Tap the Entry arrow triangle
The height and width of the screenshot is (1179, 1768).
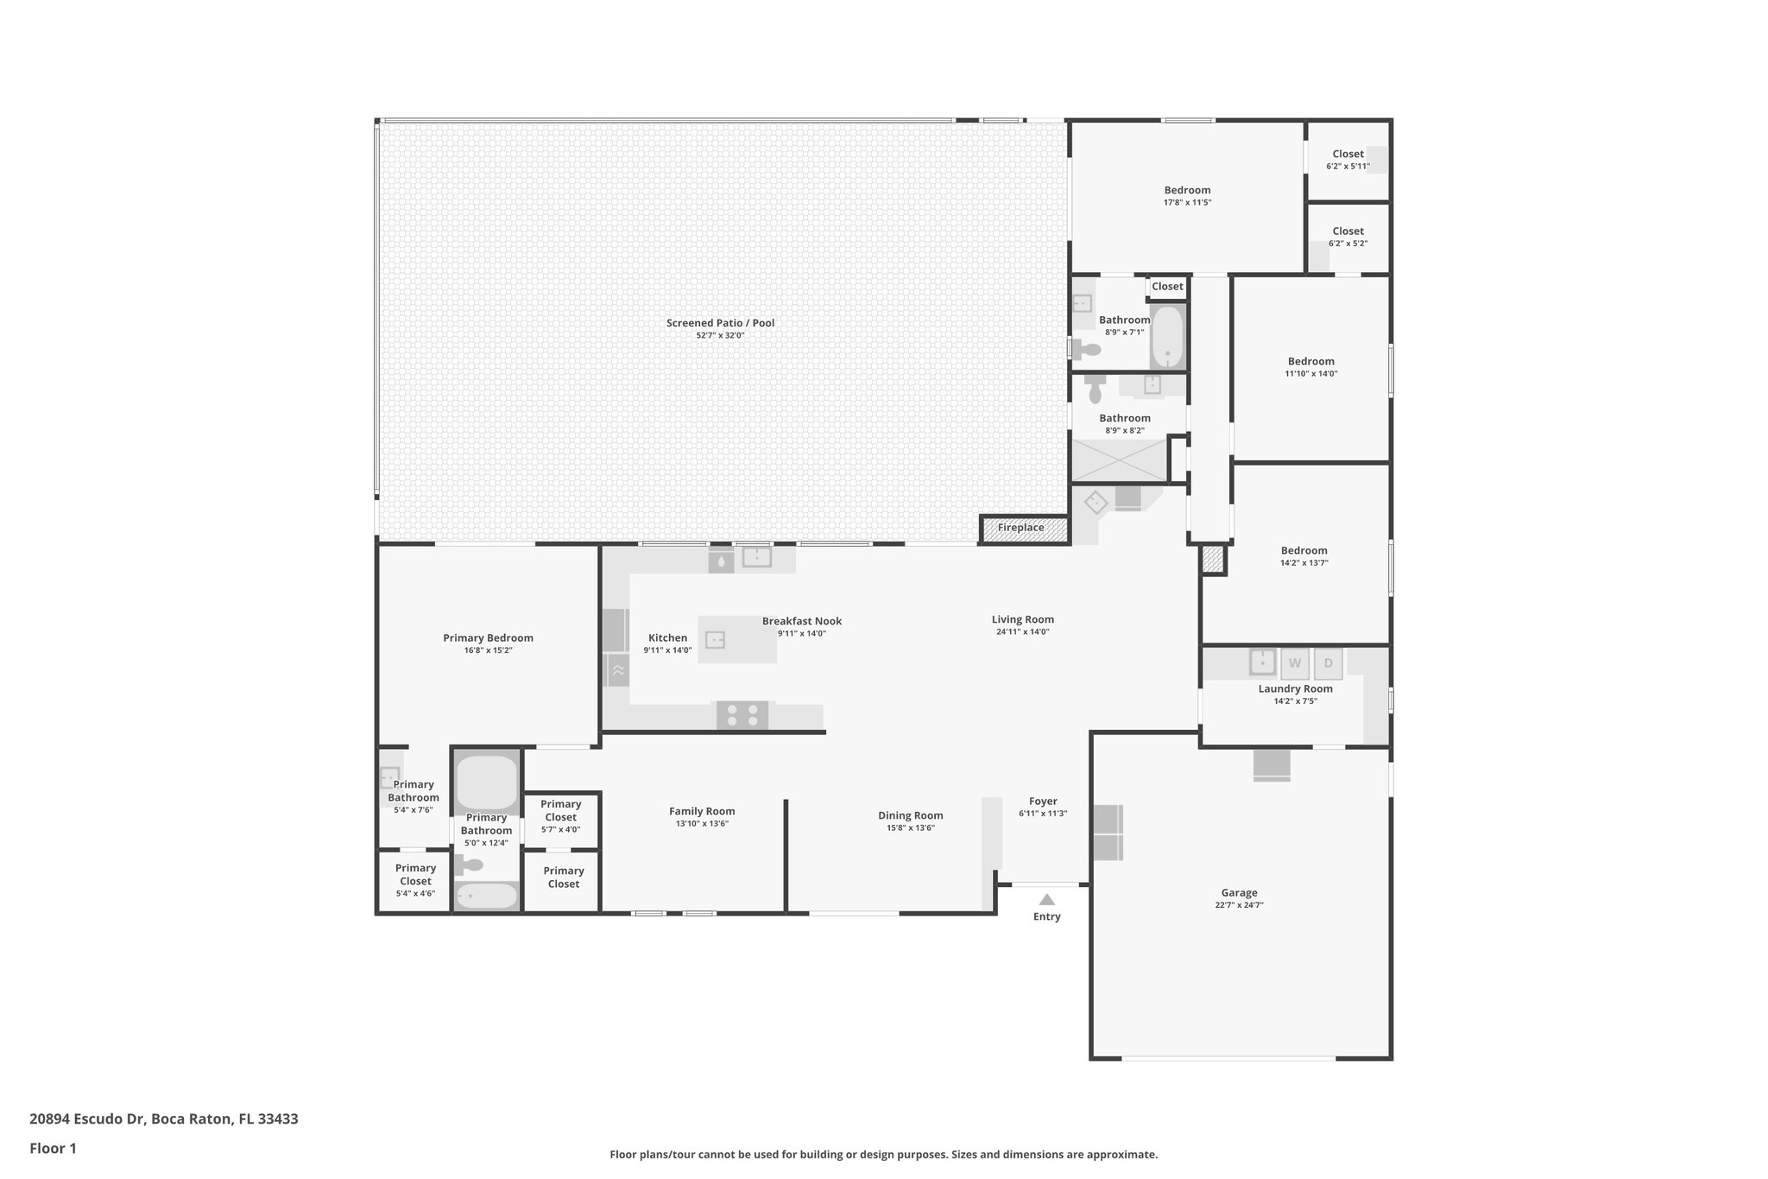pyautogui.click(x=1046, y=900)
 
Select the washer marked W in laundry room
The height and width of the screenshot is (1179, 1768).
pyautogui.click(x=1294, y=663)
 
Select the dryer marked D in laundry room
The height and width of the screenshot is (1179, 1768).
pyautogui.click(x=1328, y=663)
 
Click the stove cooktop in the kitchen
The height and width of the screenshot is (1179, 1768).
pyautogui.click(x=742, y=715)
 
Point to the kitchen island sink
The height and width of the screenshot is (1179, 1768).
pyautogui.click(x=715, y=640)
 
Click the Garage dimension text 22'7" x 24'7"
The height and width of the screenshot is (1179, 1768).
pyautogui.click(x=1239, y=905)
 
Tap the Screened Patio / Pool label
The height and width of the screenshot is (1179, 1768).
pyautogui.click(x=720, y=323)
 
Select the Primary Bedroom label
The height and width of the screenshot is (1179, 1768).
pyautogui.click(x=488, y=638)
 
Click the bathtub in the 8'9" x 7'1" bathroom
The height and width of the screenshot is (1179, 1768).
pyautogui.click(x=1167, y=336)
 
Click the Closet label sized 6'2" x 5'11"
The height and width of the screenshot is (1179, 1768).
pyautogui.click(x=1348, y=154)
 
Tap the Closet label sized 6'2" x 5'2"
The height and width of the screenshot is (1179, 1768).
pyautogui.click(x=1348, y=231)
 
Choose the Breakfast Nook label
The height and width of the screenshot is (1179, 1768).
pyautogui.click(x=801, y=621)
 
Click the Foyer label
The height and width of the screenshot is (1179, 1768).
pyautogui.click(x=1043, y=802)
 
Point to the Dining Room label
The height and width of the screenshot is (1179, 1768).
pyautogui.click(x=910, y=815)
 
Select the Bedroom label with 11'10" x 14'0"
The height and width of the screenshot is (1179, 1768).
pyautogui.click(x=1310, y=362)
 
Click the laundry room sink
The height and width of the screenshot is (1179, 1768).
pyautogui.click(x=1262, y=662)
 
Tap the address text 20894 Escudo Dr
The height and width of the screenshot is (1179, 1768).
pyautogui.click(x=86, y=1119)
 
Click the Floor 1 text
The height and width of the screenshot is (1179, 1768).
pyautogui.click(x=53, y=1149)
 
